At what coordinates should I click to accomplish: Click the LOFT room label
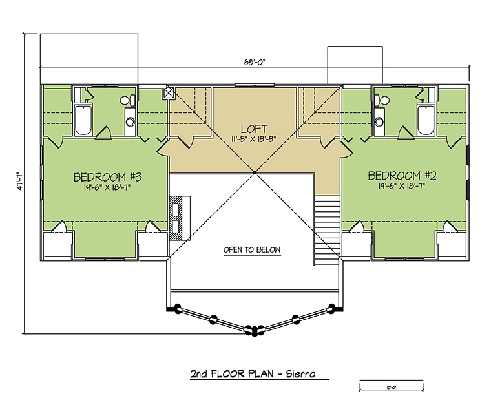[x=254, y=129]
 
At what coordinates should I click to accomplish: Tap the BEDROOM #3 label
[x=107, y=177]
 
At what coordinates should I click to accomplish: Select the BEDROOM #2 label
[x=402, y=175]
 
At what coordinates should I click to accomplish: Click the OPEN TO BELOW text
[x=252, y=250]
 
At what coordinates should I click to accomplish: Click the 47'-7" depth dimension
[x=20, y=181]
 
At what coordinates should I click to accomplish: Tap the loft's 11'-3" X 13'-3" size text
[x=254, y=139]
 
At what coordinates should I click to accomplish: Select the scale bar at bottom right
[x=392, y=386]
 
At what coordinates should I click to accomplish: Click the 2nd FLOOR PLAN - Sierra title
[x=253, y=374]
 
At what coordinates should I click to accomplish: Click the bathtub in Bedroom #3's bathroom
[x=83, y=120]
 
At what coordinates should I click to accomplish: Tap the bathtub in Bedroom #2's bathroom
[x=426, y=120]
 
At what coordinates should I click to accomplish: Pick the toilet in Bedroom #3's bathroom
[x=128, y=100]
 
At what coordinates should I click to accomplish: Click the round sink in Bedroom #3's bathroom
[x=130, y=121]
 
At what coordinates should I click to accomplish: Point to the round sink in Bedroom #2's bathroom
[x=379, y=121]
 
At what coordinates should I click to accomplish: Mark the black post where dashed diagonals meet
[x=255, y=172]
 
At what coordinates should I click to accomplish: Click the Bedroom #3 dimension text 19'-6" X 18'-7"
[x=107, y=187]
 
